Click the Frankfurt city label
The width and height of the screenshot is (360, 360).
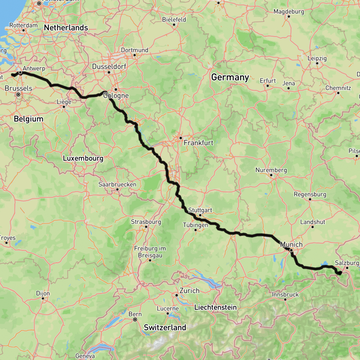pos(198,143)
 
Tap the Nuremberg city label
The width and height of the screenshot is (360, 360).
pos(271,170)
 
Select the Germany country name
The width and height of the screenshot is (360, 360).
pos(230,77)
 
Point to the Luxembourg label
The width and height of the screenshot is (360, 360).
pos(83,159)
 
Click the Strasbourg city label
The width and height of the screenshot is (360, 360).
pos(146,222)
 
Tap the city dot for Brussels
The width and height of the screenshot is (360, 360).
pos(18,95)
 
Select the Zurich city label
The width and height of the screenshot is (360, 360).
pos(189,291)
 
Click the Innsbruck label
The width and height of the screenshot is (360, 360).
pos(285,294)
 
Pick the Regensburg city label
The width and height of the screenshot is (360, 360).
pos(310,194)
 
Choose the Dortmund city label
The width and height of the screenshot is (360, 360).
pos(135,50)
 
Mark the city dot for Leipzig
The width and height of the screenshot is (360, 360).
pos(317,64)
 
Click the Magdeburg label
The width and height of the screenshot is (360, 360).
pos(289,12)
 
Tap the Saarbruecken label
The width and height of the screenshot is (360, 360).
pos(117,184)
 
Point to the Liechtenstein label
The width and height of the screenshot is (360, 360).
pos(215,307)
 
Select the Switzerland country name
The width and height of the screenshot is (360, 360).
pos(165,327)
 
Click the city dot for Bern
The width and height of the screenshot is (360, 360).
pos(135,320)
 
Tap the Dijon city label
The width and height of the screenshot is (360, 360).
pos(43,293)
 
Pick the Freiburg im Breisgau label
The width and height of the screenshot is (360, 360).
pos(150,252)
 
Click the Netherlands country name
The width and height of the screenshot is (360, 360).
pos(66,27)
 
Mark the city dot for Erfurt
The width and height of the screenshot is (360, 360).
pos(268,85)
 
